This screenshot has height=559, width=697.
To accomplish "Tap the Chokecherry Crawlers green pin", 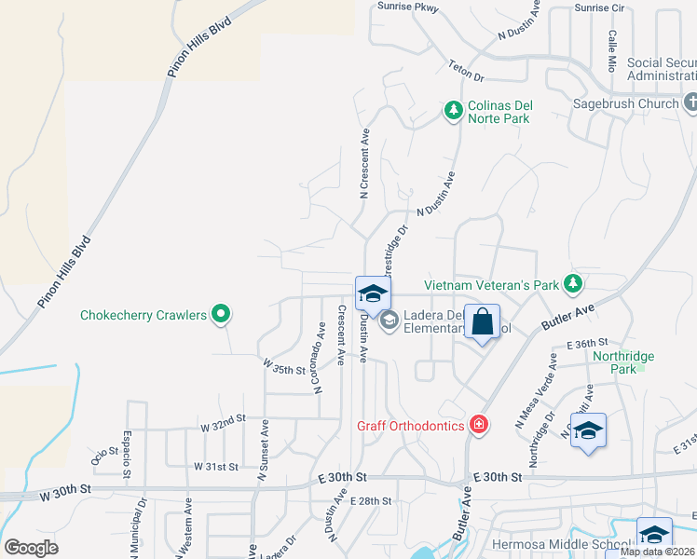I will [221, 315].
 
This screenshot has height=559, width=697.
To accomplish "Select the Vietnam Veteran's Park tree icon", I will [575, 283].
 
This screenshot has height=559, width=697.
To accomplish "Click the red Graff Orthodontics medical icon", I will [479, 425].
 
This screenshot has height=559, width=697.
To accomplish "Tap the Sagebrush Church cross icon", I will [690, 102].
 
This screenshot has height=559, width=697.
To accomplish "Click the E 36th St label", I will [587, 343].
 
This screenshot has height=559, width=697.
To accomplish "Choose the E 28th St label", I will [372, 501].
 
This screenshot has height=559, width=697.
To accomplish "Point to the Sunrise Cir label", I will [598, 7].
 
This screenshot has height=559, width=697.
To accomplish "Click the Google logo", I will [31, 548].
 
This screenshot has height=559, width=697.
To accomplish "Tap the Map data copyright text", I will [658, 552].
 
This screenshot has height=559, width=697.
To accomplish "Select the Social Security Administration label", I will [662, 70].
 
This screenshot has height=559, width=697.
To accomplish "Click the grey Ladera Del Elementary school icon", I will [389, 320].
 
